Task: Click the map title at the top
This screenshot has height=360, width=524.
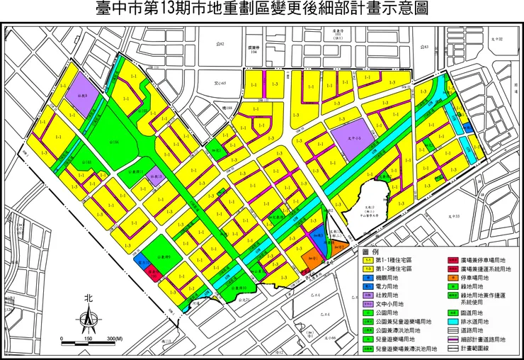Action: point(262,9)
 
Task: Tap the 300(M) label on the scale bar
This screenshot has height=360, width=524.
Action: point(125,339)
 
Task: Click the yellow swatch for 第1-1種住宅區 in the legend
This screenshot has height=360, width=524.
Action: point(369,260)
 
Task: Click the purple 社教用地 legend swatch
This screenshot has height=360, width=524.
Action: point(369,295)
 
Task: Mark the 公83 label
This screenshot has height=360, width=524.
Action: point(423,47)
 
